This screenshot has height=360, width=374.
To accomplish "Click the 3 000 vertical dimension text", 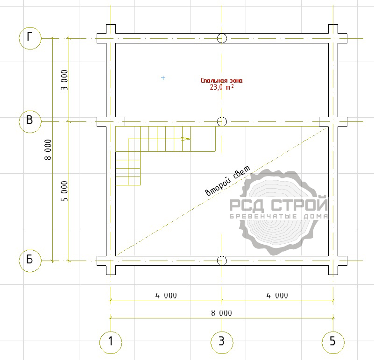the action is (64, 80).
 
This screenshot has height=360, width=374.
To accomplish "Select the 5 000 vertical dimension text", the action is (64, 191).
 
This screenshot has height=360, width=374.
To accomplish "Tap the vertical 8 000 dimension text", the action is (48, 149).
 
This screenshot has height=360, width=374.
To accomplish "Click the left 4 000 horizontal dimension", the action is (166, 296).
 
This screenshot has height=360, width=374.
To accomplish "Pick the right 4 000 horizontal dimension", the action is (277, 296).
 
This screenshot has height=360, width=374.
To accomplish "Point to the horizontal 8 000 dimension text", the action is (222, 313).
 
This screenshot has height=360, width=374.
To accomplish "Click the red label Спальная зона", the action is (222, 80).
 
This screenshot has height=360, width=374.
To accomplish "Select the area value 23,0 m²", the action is (222, 87).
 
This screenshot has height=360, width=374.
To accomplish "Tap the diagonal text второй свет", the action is (228, 181).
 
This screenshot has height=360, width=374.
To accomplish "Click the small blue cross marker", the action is (163, 78).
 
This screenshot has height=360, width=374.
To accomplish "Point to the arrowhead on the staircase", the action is (186, 139).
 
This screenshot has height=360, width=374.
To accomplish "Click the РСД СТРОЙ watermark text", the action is (279, 204).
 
